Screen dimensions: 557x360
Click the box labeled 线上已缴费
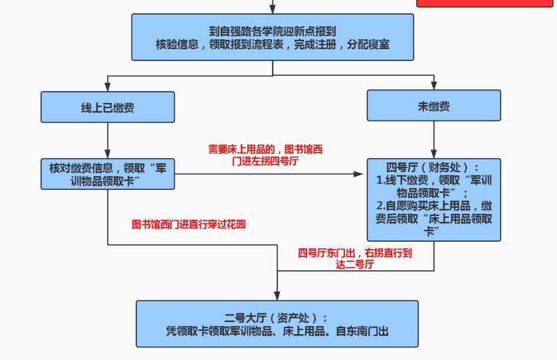(x=108, y=107)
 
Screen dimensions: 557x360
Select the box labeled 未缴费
(x=434, y=106)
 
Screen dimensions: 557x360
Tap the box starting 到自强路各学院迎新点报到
(x=273, y=37)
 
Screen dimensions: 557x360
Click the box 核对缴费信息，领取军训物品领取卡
(x=108, y=174)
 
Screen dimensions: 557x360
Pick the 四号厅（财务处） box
(x=434, y=200)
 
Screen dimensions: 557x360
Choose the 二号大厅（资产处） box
(x=277, y=323)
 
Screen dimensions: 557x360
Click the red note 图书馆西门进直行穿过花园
(x=189, y=225)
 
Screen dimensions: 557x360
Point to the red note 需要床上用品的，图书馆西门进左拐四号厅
(x=265, y=155)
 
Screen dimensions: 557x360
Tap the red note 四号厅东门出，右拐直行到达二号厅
(x=355, y=258)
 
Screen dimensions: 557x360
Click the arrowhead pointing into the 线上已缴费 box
(x=108, y=87)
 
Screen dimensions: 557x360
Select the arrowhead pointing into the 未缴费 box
(x=434, y=86)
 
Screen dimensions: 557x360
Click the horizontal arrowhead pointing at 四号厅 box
(x=358, y=174)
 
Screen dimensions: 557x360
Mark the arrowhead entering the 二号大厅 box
(x=277, y=296)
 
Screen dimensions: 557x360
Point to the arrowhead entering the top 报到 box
(x=273, y=9)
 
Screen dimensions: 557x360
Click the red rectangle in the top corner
(x=485, y=3)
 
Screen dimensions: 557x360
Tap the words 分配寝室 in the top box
(x=368, y=45)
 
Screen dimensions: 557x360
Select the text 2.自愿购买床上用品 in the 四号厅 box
(x=423, y=206)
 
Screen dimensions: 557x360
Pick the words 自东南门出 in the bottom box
(x=362, y=331)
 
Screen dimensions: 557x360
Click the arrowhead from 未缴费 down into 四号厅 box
(x=434, y=154)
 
